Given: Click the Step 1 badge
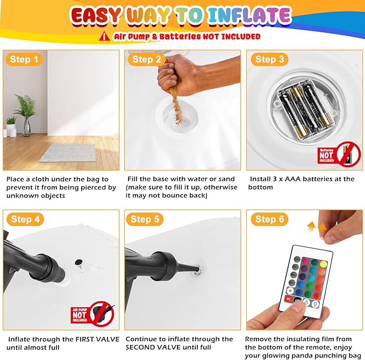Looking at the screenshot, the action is pos(24,59).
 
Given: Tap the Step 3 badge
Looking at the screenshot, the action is pos(269,59).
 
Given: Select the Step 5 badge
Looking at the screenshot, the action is pos(145,219).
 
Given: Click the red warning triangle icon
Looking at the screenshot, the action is pos(104,37).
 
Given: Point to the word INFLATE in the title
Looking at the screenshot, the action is pos(249,16).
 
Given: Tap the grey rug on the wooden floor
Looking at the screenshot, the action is pos(68,153).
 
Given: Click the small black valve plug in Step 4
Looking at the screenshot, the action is pos(78,263).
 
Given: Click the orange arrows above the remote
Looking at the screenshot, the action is pos(316,227).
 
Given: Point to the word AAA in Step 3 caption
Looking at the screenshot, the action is pos(292,179).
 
